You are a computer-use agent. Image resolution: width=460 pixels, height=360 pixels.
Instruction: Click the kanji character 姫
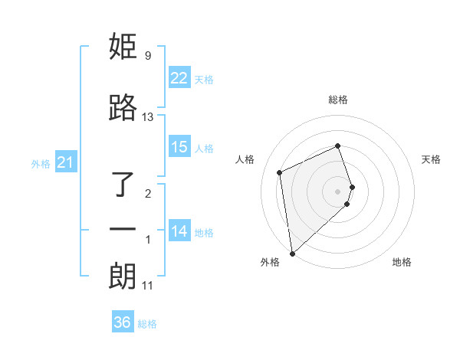coord(123,47)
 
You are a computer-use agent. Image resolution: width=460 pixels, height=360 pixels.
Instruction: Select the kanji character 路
coord(123,109)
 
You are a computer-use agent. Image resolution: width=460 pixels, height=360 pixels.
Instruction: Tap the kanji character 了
coord(123,185)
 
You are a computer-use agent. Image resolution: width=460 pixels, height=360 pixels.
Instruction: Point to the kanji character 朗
coord(123,277)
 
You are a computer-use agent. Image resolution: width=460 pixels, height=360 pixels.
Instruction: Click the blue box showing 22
coord(179,78)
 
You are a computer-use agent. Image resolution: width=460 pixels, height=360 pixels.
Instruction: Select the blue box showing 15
coord(179,147)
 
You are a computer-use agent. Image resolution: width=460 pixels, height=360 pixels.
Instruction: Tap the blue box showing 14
coord(179,231)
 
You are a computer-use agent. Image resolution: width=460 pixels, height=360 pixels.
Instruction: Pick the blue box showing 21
coord(65,162)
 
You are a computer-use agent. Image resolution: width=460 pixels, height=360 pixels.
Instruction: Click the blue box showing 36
coord(122,322)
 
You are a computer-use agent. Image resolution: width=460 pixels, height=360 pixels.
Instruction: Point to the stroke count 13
coord(148,117)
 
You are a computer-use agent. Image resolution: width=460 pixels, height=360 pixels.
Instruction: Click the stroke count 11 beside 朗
coord(148,286)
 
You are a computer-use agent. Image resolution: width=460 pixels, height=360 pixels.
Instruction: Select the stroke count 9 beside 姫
coord(147,56)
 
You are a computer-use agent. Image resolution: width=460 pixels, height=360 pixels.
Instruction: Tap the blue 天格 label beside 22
coord(203,79)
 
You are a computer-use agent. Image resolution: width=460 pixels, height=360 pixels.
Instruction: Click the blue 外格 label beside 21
coord(41,163)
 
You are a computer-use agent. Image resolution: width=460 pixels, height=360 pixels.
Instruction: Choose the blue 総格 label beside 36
coord(147,323)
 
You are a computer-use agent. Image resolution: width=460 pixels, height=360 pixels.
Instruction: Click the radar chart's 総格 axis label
coord(337,100)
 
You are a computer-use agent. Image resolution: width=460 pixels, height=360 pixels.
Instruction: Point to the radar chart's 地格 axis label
coord(402,262)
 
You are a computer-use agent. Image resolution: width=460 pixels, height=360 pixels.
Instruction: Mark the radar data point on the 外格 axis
coord(292,253)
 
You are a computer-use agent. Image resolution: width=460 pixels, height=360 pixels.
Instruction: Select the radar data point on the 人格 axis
coord(280,172)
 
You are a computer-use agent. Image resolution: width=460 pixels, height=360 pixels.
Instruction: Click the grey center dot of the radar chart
coord(337,190)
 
